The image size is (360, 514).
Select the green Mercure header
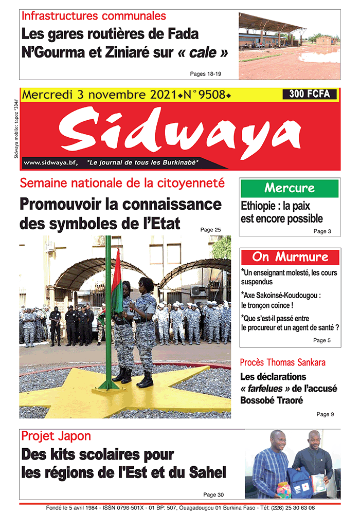(290, 188)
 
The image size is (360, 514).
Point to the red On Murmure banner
(290, 256)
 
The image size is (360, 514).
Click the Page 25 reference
(210, 229)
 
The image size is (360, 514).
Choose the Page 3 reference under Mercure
(322, 231)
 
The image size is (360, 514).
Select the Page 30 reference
(213, 494)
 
